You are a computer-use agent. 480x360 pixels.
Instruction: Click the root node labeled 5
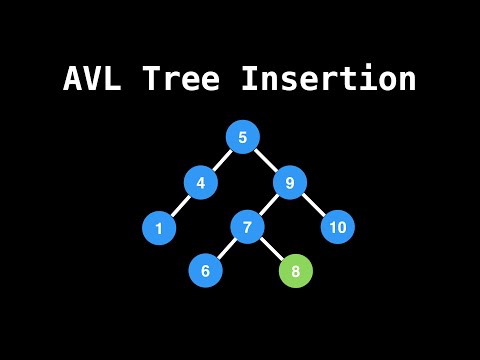pyautogui.click(x=243, y=137)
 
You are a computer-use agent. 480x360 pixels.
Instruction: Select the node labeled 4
pyautogui.click(x=201, y=183)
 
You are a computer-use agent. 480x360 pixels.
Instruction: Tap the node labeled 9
pyautogui.click(x=290, y=183)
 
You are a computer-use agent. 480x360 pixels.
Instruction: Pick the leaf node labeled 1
pyautogui.click(x=159, y=228)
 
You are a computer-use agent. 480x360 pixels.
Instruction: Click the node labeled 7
pyautogui.click(x=247, y=228)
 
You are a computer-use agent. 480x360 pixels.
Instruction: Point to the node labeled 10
pyautogui.click(x=338, y=228)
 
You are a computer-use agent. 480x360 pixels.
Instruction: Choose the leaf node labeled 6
pyautogui.click(x=205, y=271)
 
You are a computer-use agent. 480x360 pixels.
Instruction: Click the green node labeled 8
pyautogui.click(x=295, y=271)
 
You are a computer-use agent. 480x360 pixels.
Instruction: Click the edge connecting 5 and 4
pyautogui.click(x=222, y=160)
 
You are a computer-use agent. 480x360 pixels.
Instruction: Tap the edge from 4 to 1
pyautogui.click(x=180, y=206)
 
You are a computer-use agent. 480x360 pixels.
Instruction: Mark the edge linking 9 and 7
pyautogui.click(x=268, y=206)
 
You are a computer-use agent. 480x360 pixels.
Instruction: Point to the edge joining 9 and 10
pyautogui.click(x=314, y=206)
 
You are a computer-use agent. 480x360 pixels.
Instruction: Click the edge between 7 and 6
pyautogui.click(x=226, y=250)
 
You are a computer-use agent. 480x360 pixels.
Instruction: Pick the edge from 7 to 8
pyautogui.click(x=271, y=250)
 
